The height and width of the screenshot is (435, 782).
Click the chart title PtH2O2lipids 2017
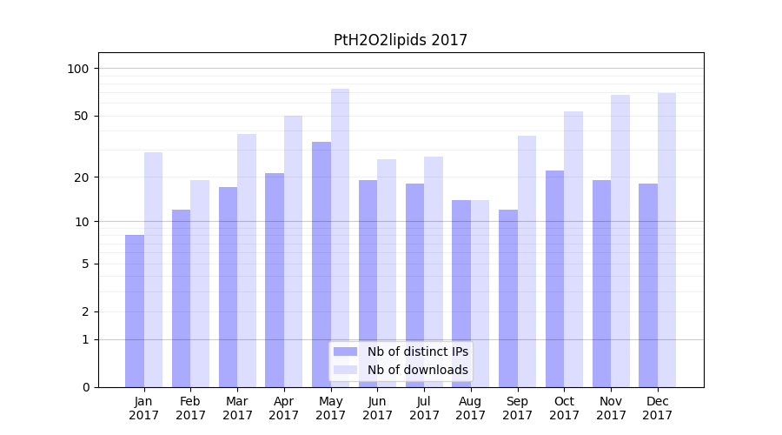click(401, 40)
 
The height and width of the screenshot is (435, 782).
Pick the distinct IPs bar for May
click(321, 264)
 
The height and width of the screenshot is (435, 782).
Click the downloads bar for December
click(666, 239)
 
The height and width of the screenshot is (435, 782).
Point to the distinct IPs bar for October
click(554, 278)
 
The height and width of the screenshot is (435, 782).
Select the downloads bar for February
click(200, 283)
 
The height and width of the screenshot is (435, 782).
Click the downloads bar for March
click(247, 260)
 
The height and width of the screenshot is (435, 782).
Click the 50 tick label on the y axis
click(83, 116)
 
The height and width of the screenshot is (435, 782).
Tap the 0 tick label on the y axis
click(85, 387)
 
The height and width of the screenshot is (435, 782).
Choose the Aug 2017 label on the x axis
click(471, 408)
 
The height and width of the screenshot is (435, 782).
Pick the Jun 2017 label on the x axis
click(377, 408)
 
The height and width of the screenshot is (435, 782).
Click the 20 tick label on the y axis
click(83, 177)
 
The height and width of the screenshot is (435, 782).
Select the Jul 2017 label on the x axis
click(424, 408)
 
